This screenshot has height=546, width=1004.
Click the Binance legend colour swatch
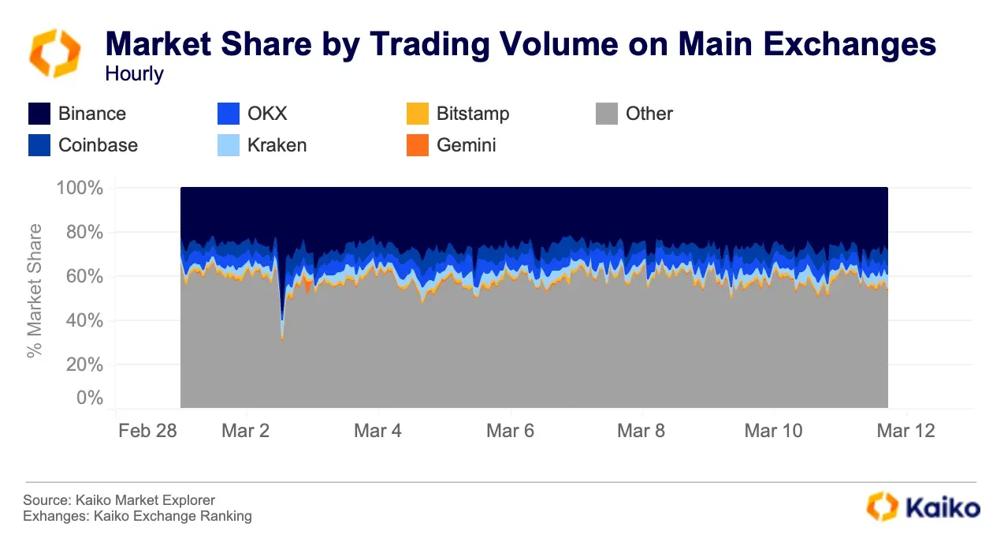(39, 114)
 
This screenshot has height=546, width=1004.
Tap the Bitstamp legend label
(473, 114)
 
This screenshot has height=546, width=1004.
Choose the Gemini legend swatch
(418, 145)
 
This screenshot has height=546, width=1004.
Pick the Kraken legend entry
(277, 145)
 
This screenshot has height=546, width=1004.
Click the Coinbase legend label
(98, 145)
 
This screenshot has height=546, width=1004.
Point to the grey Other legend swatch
(607, 114)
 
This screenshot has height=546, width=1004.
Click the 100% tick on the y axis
(80, 189)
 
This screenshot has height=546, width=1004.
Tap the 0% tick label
(89, 398)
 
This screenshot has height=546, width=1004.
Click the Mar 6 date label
(511, 431)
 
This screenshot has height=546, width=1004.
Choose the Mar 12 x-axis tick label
(906, 431)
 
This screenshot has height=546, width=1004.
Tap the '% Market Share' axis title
(35, 290)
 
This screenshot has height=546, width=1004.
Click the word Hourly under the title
(134, 74)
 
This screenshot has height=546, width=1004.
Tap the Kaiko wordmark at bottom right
(946, 507)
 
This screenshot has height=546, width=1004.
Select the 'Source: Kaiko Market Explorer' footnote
(119, 500)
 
